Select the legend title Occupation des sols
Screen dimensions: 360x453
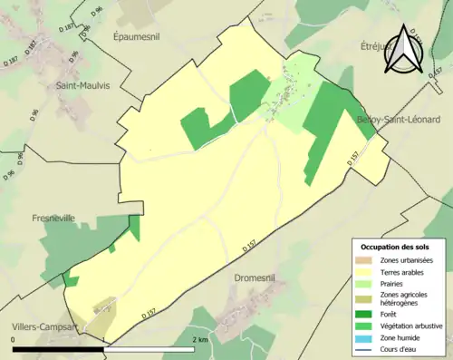pyautogui.click(x=397, y=246)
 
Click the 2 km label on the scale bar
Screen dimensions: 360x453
pyautogui.click(x=201, y=339)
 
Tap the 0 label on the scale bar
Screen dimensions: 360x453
pyautogui.click(x=14, y=339)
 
